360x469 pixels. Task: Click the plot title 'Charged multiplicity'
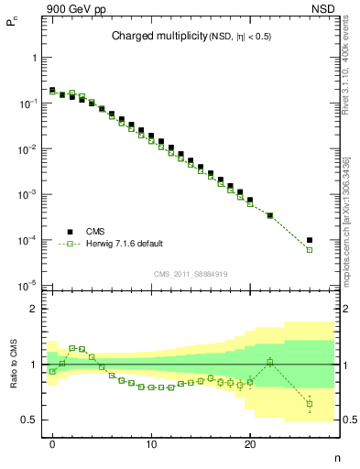coord(151,37)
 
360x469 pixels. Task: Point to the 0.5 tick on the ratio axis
coord(28,420)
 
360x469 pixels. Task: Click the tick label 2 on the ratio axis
coord(33,309)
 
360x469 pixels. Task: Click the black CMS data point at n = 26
coord(310,240)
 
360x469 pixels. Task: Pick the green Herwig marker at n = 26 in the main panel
coord(310,250)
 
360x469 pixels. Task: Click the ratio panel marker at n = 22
coord(270,362)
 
